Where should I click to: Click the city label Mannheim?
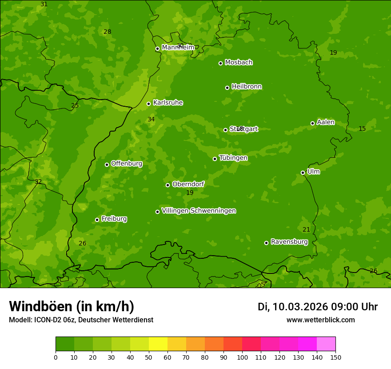(178, 48)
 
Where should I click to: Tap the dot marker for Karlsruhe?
(148, 104)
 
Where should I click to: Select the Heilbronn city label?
(247, 87)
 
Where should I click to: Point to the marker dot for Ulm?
(303, 172)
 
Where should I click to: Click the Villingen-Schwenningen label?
(199, 211)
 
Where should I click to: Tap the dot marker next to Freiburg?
(97, 220)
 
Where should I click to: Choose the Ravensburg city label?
(289, 242)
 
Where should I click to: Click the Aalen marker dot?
(312, 123)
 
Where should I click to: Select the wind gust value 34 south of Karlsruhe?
(151, 119)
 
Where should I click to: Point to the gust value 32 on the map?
(38, 181)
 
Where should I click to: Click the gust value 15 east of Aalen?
(362, 128)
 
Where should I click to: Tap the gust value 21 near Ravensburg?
(306, 229)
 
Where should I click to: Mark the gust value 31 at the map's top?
(44, 4)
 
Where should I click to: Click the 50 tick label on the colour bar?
(149, 357)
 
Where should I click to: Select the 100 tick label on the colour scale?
(242, 357)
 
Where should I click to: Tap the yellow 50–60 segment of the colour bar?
(158, 344)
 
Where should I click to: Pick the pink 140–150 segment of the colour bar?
(326, 344)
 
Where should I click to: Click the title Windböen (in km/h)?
(72, 306)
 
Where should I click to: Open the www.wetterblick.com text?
(320, 320)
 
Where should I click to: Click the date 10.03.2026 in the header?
(300, 307)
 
